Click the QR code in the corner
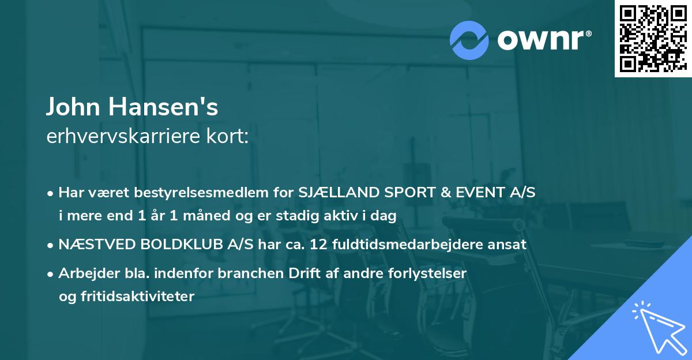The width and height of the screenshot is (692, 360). pos(653,39)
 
